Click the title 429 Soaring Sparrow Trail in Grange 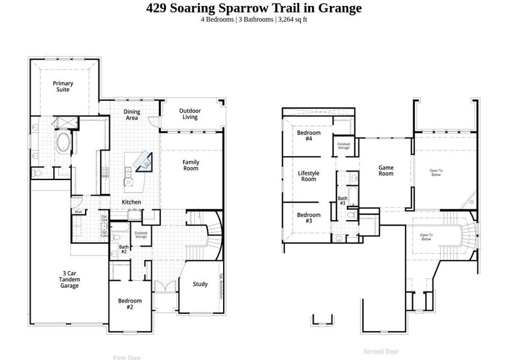click(x=254, y=8)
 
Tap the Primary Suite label click(x=63, y=86)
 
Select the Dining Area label click(x=132, y=115)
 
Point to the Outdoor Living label click(x=190, y=114)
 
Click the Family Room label click(x=191, y=165)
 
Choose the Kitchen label click(x=132, y=202)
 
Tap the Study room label click(x=200, y=284)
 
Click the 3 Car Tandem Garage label click(x=70, y=280)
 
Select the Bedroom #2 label click(x=130, y=304)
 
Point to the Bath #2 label click(x=123, y=249)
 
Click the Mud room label click(x=78, y=212)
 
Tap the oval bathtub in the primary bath click(x=63, y=143)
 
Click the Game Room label click(x=386, y=170)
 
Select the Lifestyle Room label click(x=309, y=176)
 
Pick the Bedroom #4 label click(x=309, y=136)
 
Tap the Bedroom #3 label click(x=309, y=218)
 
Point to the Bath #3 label click(x=342, y=200)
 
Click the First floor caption click(x=127, y=358)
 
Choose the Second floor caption click(x=381, y=352)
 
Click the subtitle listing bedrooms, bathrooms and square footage click(x=254, y=19)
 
